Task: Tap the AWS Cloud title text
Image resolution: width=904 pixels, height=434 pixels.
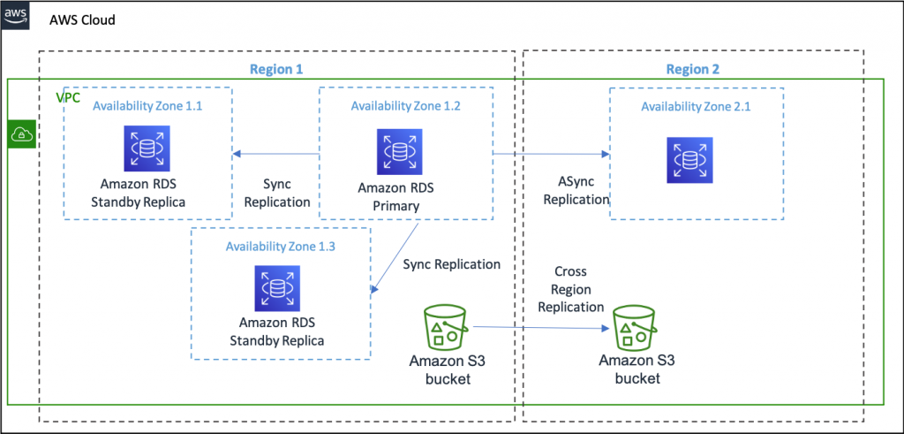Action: [82, 19]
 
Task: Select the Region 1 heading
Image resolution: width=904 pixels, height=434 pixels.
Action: [277, 70]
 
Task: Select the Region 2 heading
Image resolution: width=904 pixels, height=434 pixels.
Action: [693, 70]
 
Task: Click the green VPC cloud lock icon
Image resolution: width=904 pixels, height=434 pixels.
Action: [20, 134]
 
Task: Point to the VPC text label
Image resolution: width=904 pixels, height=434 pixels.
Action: [68, 95]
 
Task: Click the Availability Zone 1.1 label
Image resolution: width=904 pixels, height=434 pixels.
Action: [147, 106]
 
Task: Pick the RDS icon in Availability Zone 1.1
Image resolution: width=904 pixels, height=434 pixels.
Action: [147, 148]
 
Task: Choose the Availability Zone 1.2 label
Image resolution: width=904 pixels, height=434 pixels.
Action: [405, 106]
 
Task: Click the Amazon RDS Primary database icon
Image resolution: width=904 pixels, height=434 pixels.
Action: [400, 152]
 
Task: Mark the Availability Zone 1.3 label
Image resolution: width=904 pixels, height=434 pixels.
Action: [280, 246]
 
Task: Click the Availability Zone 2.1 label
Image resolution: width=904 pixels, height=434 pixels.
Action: [696, 107]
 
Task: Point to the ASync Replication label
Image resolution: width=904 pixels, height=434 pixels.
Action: [576, 190]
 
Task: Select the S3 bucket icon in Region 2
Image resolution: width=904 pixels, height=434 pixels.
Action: [636, 328]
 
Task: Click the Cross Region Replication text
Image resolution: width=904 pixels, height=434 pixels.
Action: [571, 289]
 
